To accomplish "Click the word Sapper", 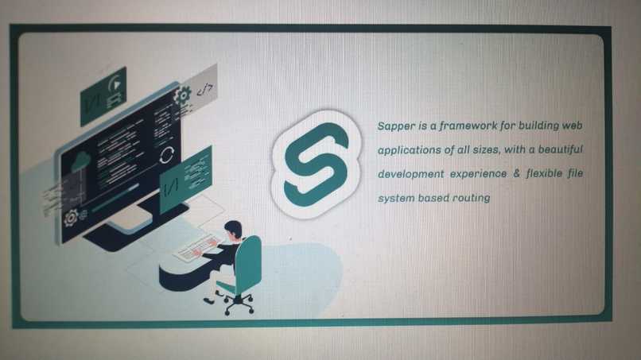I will (x=394, y=126).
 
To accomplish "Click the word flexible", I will (x=548, y=173).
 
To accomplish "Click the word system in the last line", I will (x=396, y=197).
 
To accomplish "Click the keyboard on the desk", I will (x=196, y=247).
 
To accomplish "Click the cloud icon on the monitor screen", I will (x=80, y=162).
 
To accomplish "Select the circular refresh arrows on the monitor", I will (x=166, y=154).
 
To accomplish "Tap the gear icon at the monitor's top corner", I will (x=181, y=96).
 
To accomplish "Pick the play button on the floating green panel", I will (x=115, y=82).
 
